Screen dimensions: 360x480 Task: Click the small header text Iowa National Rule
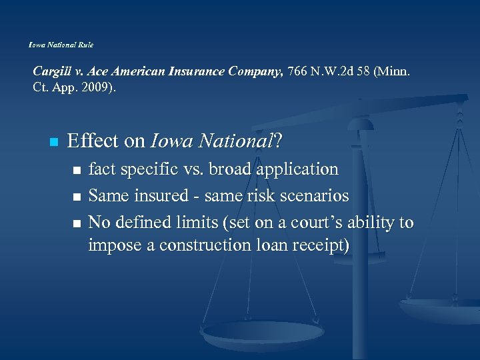[x=61, y=45]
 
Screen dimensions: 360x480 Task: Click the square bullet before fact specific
[x=77, y=171]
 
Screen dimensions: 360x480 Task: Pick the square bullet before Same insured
[x=77, y=197]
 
